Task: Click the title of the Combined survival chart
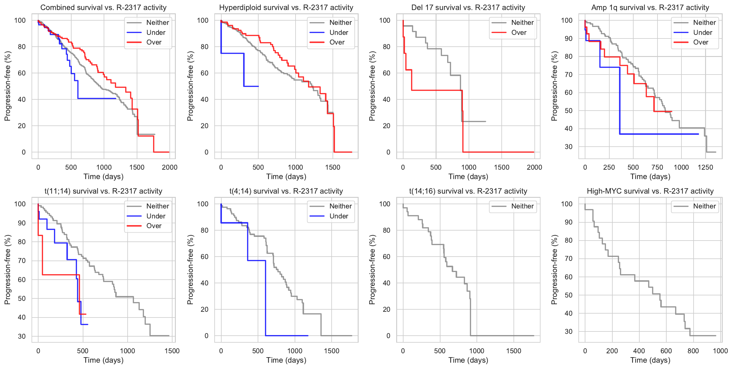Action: [103, 8]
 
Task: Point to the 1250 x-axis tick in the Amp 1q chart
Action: [705, 167]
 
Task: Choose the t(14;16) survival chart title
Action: [468, 191]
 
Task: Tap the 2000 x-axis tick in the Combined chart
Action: [169, 167]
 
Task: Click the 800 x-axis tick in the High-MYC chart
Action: [693, 351]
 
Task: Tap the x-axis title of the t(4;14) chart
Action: [286, 360]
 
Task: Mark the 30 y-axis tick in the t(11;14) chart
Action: [22, 336]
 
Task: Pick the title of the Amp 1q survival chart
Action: [650, 8]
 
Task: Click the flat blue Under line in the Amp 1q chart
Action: [658, 134]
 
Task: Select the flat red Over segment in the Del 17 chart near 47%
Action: [437, 90]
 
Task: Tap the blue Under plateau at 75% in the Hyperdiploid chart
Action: [232, 53]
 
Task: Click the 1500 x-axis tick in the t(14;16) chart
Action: [514, 351]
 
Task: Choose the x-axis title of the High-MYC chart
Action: [650, 360]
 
